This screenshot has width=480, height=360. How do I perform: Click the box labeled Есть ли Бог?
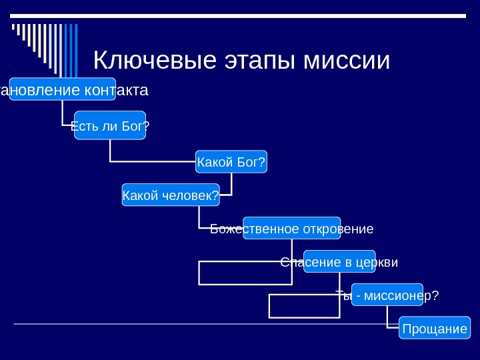pos(110,125)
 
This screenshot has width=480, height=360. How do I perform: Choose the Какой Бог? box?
pos(231,161)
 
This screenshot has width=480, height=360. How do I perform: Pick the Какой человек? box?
pos(171,195)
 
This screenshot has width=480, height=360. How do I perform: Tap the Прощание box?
pos(434,329)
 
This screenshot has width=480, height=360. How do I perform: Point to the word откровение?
pos(337,229)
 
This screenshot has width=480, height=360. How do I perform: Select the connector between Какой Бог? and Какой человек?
pos(231,187)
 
